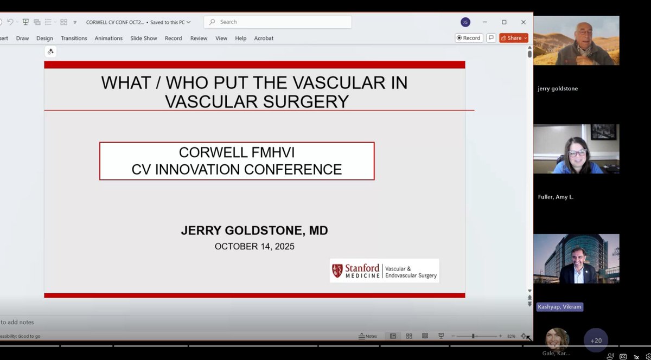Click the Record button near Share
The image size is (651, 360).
[469, 38]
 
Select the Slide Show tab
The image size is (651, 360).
[144, 38]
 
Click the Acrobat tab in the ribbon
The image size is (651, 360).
[264, 38]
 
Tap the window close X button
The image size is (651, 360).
[523, 22]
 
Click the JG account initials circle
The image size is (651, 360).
[465, 22]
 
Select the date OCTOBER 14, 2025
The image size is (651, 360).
[254, 246]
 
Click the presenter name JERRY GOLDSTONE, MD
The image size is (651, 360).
[254, 231]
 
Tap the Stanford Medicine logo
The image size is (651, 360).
[384, 271]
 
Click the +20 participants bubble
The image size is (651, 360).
[596, 340]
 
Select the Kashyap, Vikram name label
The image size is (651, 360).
[559, 307]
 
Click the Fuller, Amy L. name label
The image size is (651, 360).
[556, 197]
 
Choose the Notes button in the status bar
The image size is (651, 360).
[368, 336]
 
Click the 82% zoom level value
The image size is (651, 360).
[511, 336]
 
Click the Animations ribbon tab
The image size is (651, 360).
[108, 38]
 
